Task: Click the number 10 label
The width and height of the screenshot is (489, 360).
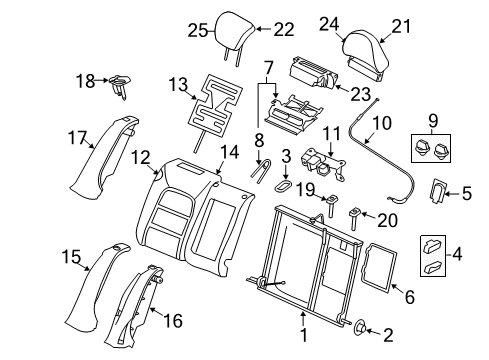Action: click(x=380, y=123)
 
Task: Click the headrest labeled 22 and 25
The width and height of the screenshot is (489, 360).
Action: click(x=233, y=34)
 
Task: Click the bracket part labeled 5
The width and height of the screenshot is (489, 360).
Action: click(x=439, y=192)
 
